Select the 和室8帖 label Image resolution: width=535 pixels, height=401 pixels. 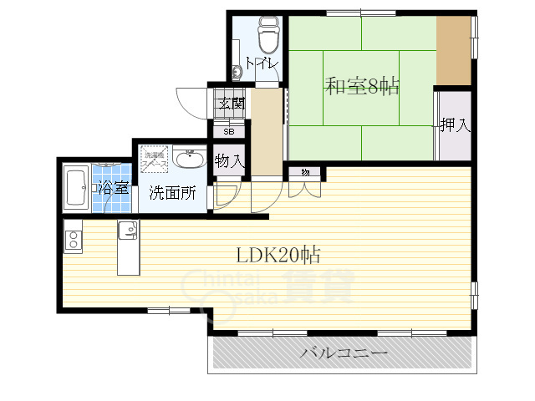tap(361, 86)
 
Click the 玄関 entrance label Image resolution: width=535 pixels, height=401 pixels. tap(232, 104)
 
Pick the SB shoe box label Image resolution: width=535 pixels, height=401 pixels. tap(228, 131)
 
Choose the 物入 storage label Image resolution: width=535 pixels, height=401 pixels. tap(229, 160)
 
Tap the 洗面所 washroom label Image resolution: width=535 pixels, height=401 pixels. tap(173, 192)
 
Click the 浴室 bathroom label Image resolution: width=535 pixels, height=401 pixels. tap(113, 187)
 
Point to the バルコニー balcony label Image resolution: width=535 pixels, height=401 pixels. tap(344, 354)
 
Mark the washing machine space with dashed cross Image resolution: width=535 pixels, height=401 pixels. tap(155, 159)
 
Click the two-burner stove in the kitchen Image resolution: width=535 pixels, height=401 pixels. tap(73, 240)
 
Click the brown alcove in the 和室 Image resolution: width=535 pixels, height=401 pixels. tap(452, 49)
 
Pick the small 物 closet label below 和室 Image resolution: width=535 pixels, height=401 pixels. tap(305, 172)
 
